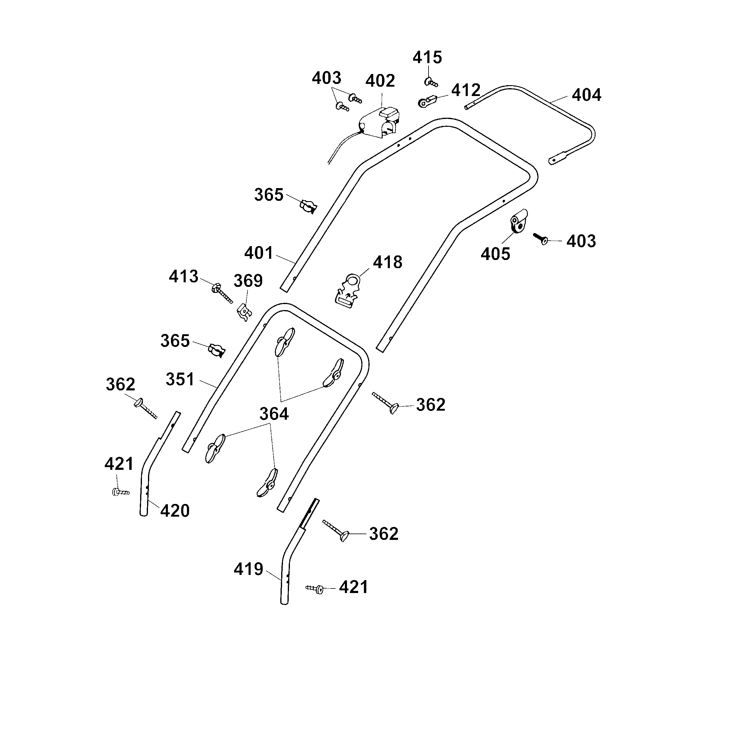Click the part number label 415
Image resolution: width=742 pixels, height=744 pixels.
pos(427,58)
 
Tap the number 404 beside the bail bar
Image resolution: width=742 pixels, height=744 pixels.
pos(586,95)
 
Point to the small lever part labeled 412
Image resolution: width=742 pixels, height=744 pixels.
pos(426,102)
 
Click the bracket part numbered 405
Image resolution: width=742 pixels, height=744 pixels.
pos(518,221)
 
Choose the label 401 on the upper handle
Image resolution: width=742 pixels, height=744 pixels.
pos(259,253)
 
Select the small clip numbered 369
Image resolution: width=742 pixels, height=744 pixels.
pos(244,312)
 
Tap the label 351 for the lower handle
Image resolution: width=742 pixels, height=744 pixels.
pos(180,379)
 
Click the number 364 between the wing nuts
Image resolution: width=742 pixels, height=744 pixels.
pos(274,414)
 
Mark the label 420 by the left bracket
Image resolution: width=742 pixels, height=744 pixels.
pos(175,511)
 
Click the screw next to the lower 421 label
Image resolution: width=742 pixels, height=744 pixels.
pos(314,589)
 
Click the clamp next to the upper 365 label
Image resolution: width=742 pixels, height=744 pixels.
pos(308,207)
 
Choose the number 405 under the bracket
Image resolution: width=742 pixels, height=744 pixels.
pos(495,254)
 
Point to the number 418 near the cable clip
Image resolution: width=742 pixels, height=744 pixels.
pos(387,262)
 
